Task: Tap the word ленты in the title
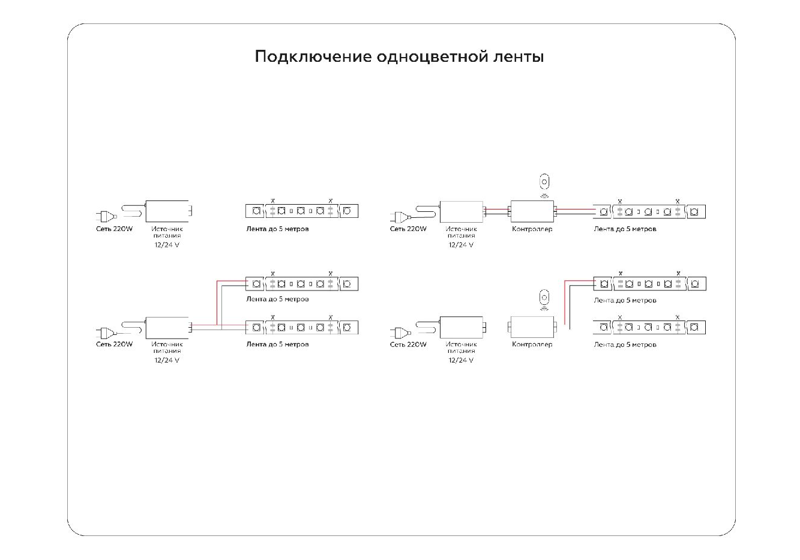518,58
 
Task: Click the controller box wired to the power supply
532,211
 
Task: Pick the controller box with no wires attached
532,328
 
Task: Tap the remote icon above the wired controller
544,182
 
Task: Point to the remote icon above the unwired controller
544,298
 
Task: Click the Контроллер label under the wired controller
532,229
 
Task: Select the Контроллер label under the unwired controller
532,345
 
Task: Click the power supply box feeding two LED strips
167,327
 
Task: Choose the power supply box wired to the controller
462,211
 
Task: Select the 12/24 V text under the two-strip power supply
167,360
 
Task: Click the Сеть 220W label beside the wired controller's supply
408,229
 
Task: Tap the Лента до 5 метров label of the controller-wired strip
625,229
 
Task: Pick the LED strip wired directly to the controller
654,211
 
